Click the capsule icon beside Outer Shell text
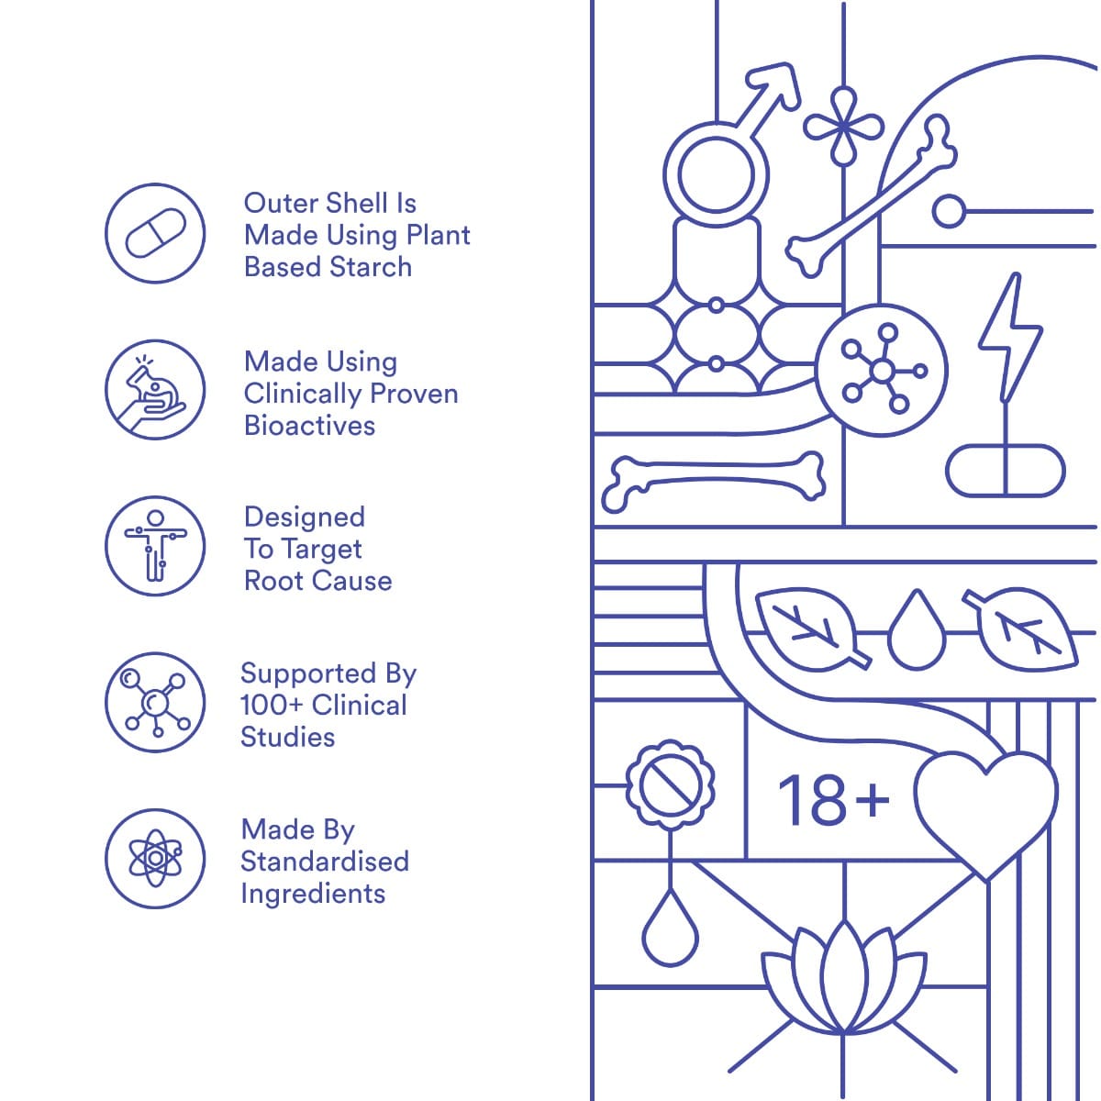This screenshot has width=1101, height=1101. pyautogui.click(x=155, y=233)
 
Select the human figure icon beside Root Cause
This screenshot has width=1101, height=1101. pyautogui.click(x=155, y=546)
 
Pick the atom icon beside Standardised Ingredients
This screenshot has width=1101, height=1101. pyautogui.click(x=155, y=858)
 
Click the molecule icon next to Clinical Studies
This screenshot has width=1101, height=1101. pyautogui.click(x=155, y=702)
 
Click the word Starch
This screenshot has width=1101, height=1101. pyautogui.click(x=371, y=267)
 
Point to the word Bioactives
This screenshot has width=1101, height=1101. pyautogui.click(x=309, y=426)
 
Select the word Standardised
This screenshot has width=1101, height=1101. pyautogui.click(x=325, y=862)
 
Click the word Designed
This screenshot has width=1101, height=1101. pyautogui.click(x=305, y=517)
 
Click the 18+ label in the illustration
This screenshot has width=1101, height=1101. pyautogui.click(x=834, y=800)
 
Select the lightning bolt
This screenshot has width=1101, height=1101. pyautogui.click(x=1009, y=337)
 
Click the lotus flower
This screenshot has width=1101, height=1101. pyautogui.click(x=844, y=981)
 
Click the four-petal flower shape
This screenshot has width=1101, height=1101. pyautogui.click(x=843, y=127)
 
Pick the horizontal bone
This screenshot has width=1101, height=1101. pyautogui.click(x=713, y=482)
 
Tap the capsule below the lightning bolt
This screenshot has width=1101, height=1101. pyautogui.click(x=1005, y=471)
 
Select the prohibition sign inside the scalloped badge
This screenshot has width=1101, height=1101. pyautogui.click(x=670, y=786)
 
